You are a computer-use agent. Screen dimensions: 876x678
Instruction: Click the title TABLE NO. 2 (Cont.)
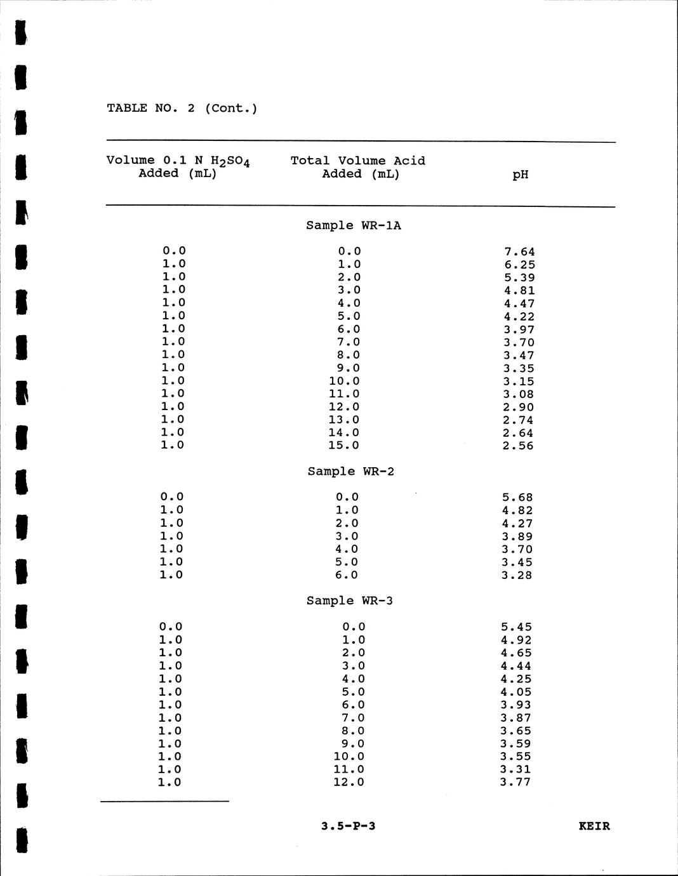182,108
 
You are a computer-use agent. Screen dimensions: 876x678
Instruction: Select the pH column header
521,175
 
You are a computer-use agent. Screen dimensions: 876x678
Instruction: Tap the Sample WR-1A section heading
353,225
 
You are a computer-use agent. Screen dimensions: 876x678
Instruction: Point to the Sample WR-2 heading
350,471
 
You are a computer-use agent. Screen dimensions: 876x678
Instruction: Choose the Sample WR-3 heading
349,601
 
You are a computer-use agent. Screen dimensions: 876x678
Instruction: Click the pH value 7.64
519,252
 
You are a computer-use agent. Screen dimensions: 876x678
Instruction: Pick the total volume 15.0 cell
343,445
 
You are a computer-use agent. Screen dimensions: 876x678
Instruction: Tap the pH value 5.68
517,498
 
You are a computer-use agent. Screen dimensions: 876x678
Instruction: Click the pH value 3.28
517,575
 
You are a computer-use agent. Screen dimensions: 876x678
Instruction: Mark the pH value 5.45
516,627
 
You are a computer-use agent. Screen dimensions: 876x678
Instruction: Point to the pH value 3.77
515,782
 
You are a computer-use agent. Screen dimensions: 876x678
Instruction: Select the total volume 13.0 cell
343,420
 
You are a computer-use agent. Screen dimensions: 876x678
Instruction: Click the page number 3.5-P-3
348,826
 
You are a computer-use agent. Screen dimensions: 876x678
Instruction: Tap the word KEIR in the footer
594,826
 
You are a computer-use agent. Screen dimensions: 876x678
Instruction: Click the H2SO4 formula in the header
230,161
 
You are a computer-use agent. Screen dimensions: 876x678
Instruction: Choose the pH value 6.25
519,265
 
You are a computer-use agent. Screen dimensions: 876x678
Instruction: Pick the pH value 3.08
519,394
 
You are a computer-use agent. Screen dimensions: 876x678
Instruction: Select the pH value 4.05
516,692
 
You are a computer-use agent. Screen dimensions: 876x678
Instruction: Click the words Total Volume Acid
358,161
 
